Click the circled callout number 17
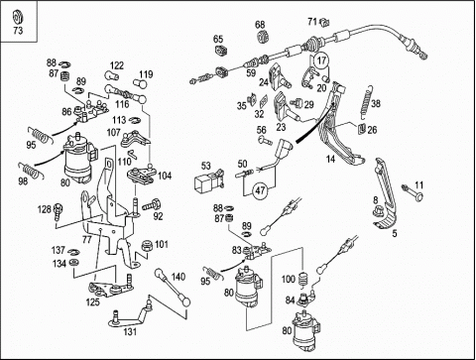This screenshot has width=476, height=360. pos(321,60)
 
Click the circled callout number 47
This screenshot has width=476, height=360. pos(260,190)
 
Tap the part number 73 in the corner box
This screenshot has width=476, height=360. pos(18,31)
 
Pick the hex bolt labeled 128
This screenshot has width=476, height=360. pos(59,211)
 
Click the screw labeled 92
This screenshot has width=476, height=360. pos(153,204)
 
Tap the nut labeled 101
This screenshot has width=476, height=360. pos(146,246)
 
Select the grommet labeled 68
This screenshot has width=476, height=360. pos(263,37)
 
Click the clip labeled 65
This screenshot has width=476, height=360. pos(220,51)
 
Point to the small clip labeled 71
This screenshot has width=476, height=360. pos(325,23)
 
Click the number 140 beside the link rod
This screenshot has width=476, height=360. pos(178,277)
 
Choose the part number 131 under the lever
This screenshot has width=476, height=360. pos(130,331)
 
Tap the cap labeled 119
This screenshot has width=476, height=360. pos(140,83)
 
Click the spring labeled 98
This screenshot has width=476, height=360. pos(32,171)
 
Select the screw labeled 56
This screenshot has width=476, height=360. pos(265,140)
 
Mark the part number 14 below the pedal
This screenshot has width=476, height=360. pos(330,159)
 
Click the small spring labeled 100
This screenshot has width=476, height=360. pos(303,280)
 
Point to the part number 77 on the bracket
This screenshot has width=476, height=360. pos(86,239)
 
